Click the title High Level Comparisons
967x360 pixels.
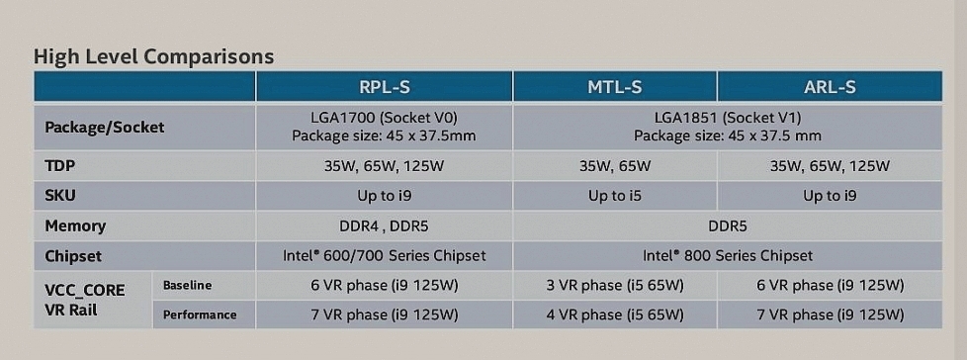coord(153,56)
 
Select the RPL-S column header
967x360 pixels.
coord(385,87)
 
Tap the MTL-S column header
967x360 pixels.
coord(614,87)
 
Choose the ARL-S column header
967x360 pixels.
coord(830,87)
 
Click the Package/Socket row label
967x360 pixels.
coord(104,128)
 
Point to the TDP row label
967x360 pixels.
coord(60,166)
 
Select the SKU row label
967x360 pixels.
coord(60,196)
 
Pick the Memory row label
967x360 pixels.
coord(75,225)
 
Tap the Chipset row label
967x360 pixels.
coord(73,256)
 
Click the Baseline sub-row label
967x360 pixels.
coord(187,286)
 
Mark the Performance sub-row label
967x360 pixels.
coord(200,315)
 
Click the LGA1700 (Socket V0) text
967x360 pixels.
coord(385,117)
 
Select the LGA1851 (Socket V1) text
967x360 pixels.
coord(728,117)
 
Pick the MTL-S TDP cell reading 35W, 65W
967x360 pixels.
coord(615,166)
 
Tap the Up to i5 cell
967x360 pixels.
coord(615,196)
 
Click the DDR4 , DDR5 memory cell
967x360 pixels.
coord(384,226)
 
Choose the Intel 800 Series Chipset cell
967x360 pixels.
coord(728,255)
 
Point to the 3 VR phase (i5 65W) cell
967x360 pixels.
coord(614,286)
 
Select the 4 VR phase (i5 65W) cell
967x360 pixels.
coord(614,315)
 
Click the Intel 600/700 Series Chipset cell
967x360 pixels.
coord(385,255)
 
